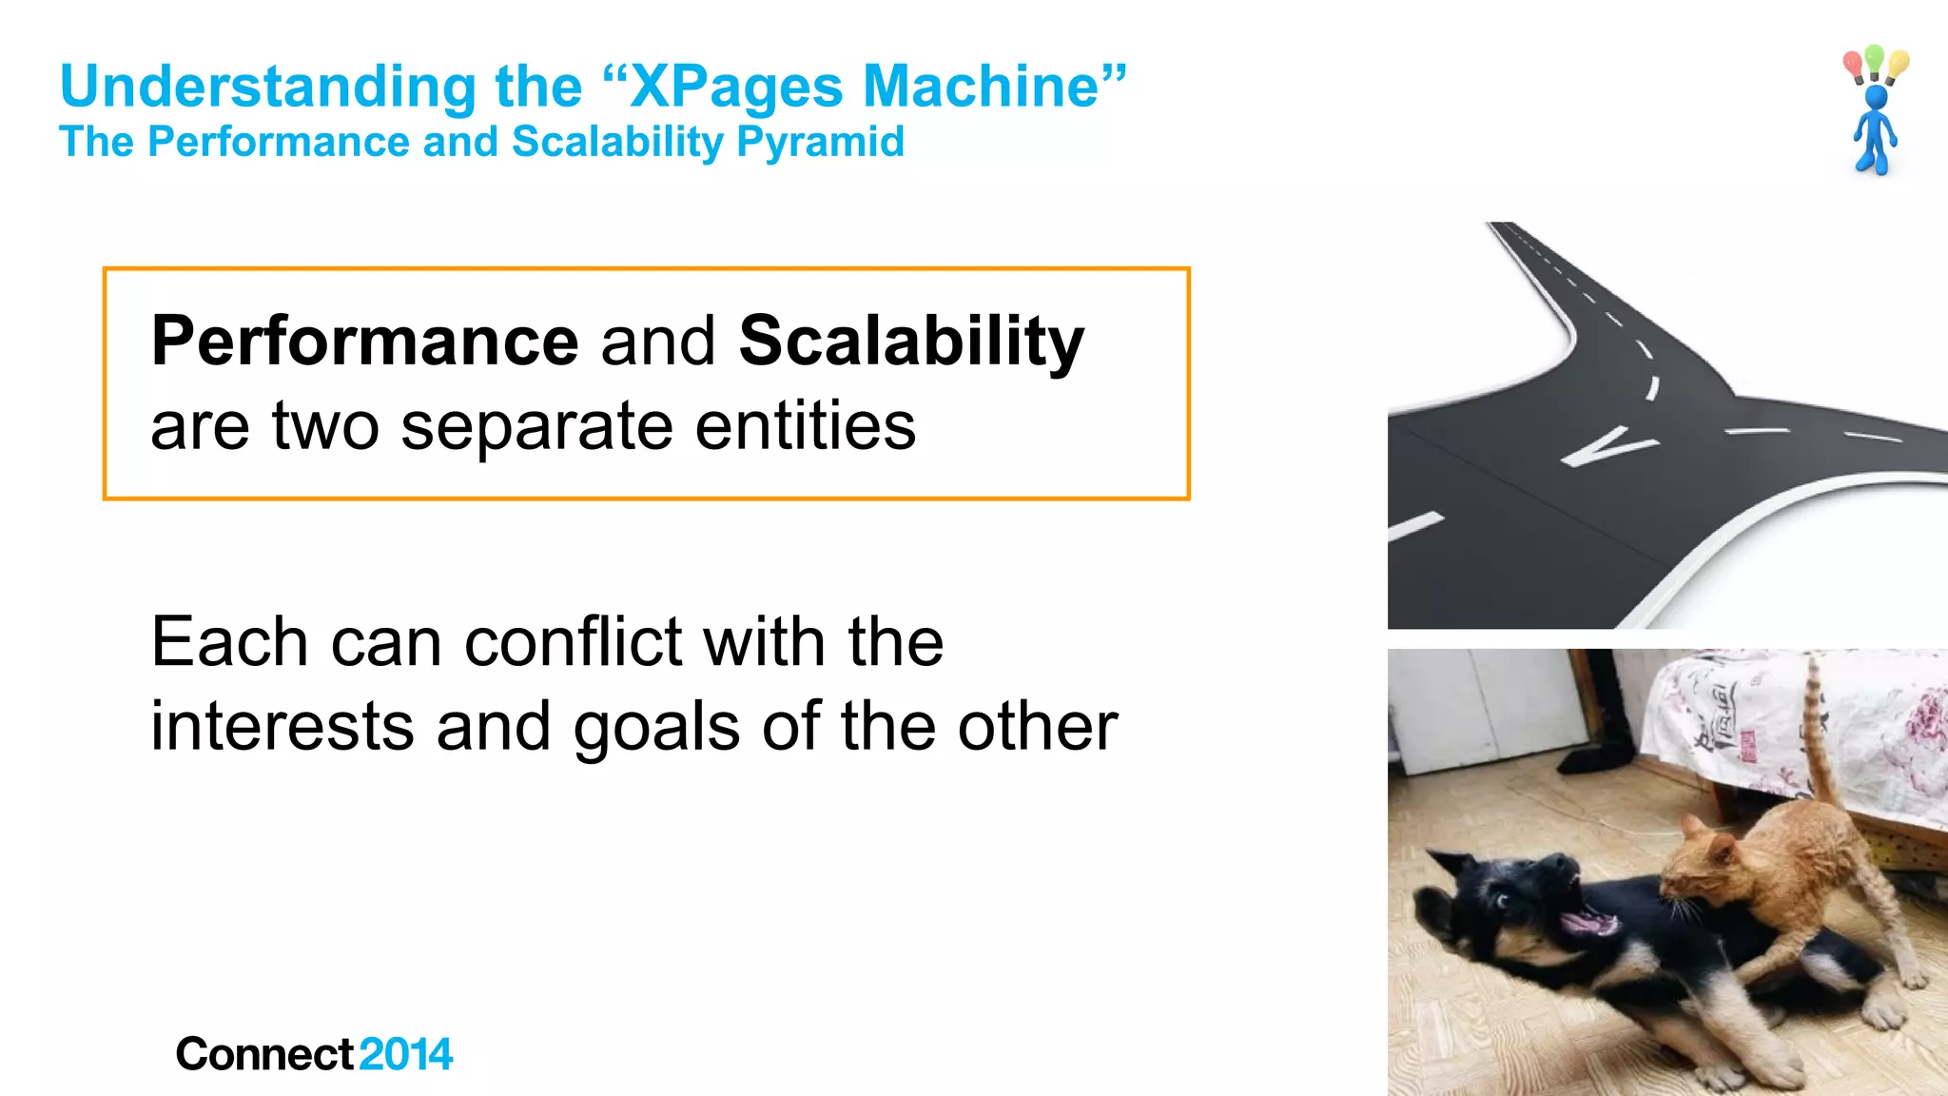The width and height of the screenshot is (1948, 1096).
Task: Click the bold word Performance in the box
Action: click(365, 342)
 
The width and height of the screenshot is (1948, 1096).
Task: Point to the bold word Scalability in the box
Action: click(911, 342)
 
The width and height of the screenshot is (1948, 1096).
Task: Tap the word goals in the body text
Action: click(656, 728)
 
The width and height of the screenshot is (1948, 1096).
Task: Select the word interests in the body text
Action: click(282, 727)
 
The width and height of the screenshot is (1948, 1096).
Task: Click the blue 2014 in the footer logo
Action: click(406, 1054)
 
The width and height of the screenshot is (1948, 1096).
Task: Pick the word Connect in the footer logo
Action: click(265, 1054)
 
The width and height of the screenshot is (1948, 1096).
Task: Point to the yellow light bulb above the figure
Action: click(1898, 65)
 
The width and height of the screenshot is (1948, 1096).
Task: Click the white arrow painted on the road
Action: click(1607, 447)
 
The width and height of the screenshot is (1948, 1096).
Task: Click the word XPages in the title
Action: click(736, 88)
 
